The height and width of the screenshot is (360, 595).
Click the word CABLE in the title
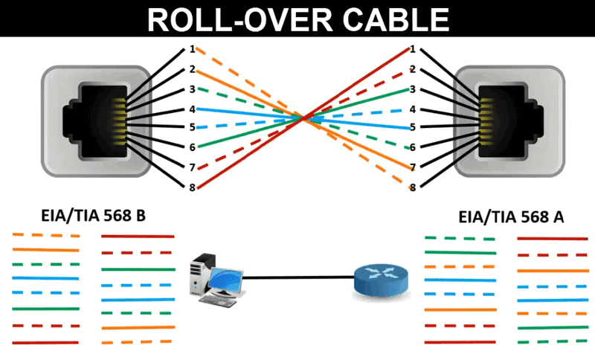tap(396, 19)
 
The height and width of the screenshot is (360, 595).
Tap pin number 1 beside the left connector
tap(193, 49)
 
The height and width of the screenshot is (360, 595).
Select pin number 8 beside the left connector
tap(193, 187)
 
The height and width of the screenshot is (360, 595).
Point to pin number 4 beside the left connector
tap(193, 109)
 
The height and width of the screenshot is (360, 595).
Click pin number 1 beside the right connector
tap(413, 49)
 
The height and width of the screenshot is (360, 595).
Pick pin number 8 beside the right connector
tap(413, 187)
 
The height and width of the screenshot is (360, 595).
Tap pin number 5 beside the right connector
tap(413, 127)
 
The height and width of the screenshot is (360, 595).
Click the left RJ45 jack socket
tap(96, 121)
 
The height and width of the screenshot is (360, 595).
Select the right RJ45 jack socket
tap(509, 121)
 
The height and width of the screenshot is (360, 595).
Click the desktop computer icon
tap(216, 280)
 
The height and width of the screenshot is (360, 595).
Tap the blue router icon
tap(381, 280)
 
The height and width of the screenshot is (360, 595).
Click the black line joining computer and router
tap(298, 277)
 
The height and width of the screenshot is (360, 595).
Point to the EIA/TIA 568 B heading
tap(94, 216)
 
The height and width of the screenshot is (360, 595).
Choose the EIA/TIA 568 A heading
tap(511, 217)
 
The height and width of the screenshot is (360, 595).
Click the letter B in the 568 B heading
tap(140, 216)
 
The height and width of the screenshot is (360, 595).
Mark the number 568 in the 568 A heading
tap(533, 217)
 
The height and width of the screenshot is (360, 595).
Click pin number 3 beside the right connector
tap(413, 89)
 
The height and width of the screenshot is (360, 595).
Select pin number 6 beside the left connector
tap(193, 147)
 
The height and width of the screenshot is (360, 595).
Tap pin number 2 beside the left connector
tap(193, 69)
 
